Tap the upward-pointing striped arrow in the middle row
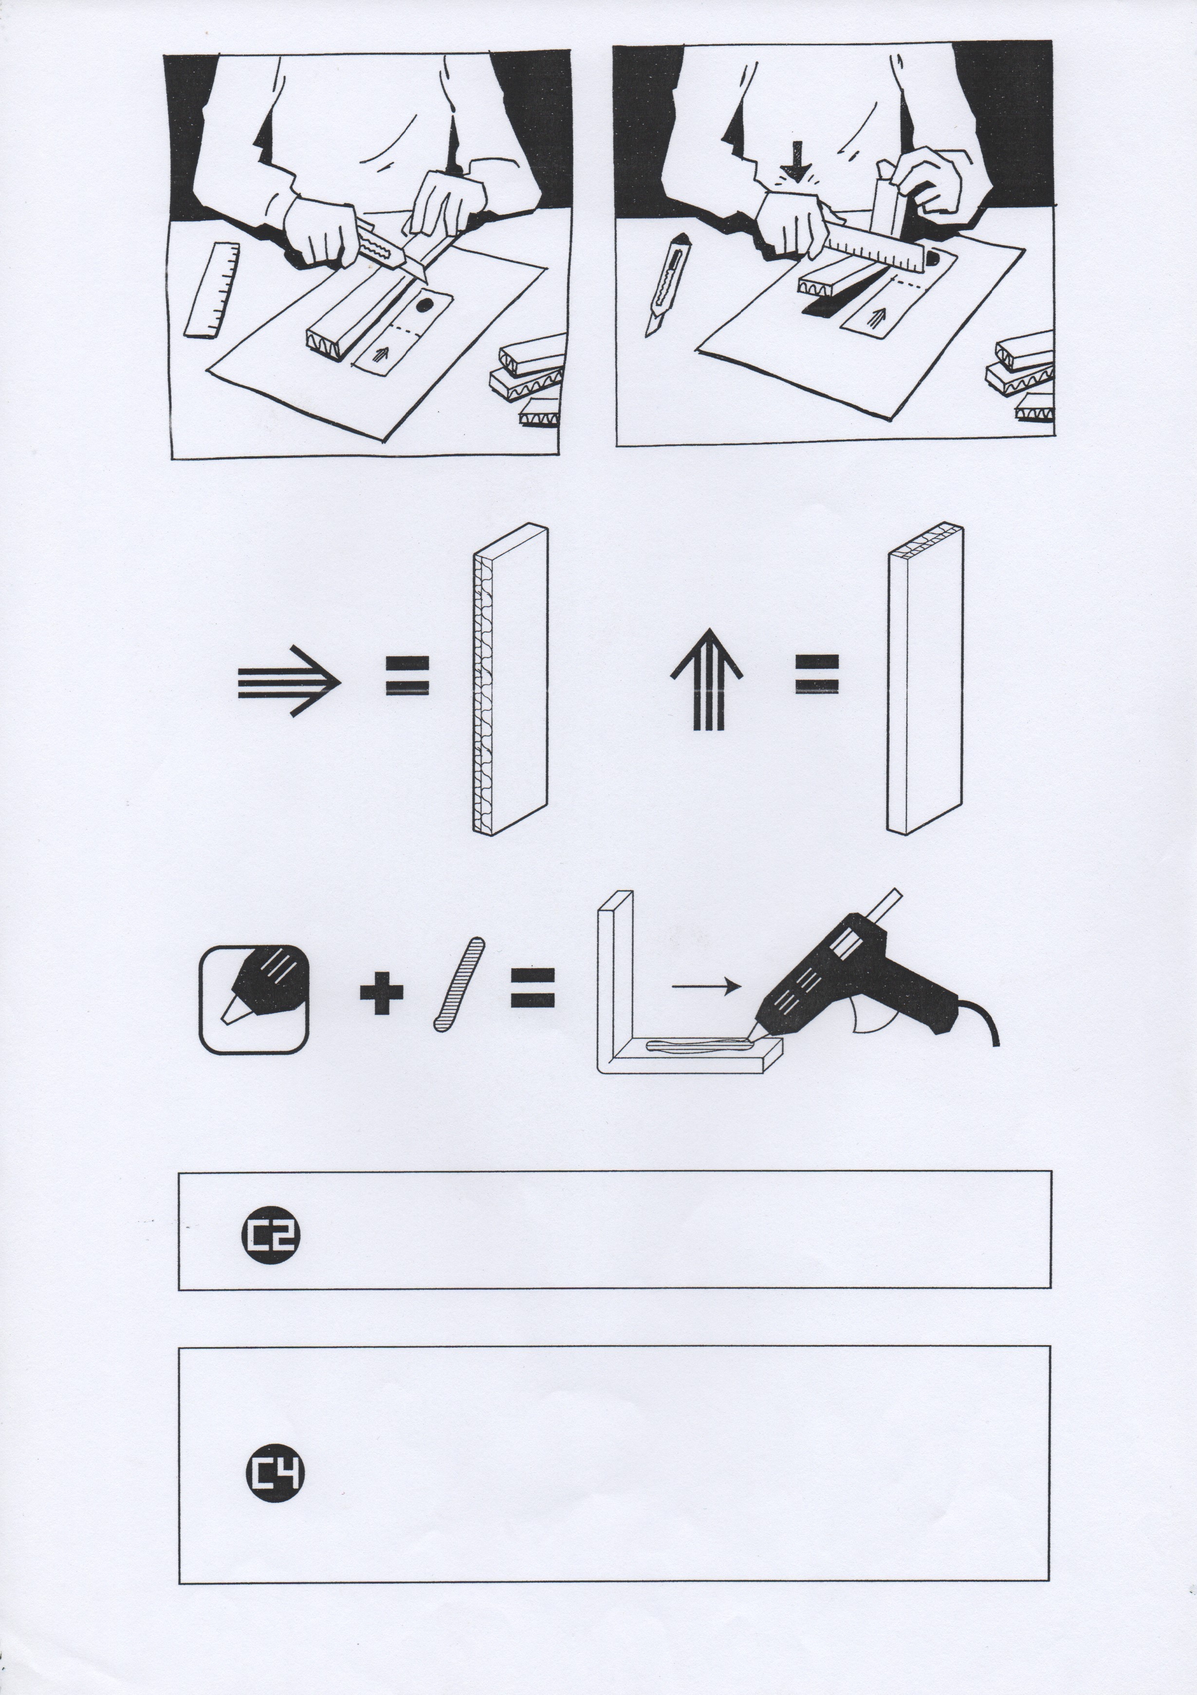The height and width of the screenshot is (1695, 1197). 707,679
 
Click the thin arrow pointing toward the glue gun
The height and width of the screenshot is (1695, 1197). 707,986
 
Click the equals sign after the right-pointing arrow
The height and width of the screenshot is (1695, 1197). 407,675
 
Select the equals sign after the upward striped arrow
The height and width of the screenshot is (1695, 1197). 817,674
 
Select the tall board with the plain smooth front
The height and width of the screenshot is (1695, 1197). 924,679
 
